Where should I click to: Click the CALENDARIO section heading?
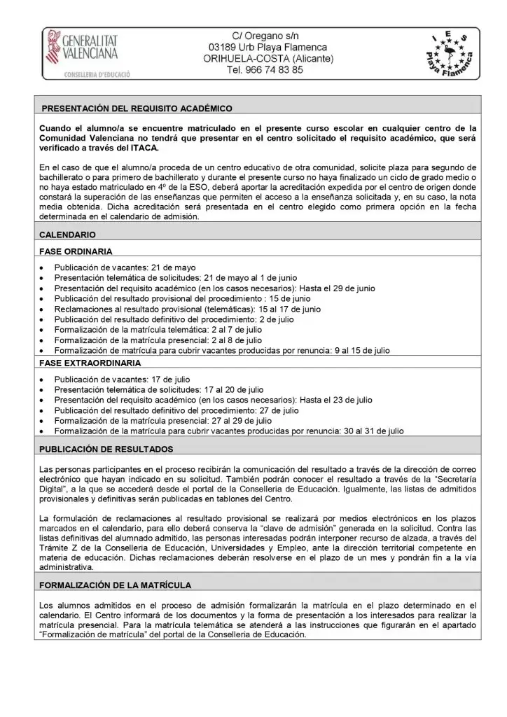pyautogui.click(x=69, y=235)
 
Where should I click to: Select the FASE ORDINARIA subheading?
pyautogui.click(x=76, y=251)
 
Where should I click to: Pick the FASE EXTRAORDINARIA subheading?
pyautogui.click(x=90, y=363)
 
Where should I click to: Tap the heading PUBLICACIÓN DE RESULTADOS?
pyautogui.click(x=116, y=448)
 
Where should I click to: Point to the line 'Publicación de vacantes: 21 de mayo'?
pyautogui.click(x=125, y=267)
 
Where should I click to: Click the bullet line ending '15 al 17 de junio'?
pyautogui.click(x=187, y=308)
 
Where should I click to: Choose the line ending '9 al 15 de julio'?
pyautogui.click(x=222, y=349)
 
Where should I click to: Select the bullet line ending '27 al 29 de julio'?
pyautogui.click(x=162, y=420)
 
